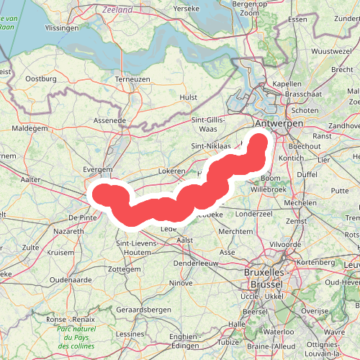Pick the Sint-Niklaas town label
click(210, 145)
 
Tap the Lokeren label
click(173, 173)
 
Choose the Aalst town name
click(185, 239)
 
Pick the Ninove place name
click(181, 283)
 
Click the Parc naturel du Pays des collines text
click(78, 338)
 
